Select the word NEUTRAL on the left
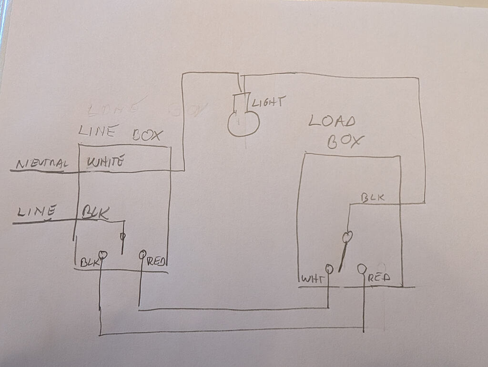(42, 164)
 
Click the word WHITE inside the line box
(106, 162)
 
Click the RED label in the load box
(379, 278)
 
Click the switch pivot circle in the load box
(348, 236)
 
